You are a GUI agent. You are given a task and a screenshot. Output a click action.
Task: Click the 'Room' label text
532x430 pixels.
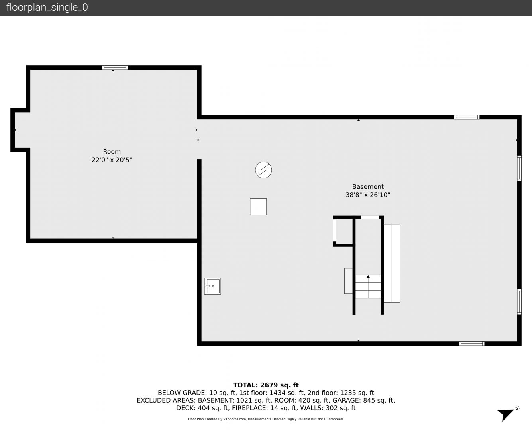[112, 151]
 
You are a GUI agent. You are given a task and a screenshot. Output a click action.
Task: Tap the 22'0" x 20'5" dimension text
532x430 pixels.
[112, 160]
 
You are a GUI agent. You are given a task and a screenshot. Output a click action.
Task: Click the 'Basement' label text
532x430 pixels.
[368, 186]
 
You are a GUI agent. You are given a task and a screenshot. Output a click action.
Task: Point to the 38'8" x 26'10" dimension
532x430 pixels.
[368, 195]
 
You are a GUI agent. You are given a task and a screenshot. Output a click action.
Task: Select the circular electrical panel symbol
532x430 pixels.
[263, 170]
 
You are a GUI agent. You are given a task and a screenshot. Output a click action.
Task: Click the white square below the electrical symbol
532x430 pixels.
[258, 206]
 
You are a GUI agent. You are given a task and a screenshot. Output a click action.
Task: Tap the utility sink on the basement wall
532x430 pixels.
[212, 286]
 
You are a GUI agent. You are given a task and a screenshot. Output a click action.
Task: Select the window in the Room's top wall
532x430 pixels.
[115, 67]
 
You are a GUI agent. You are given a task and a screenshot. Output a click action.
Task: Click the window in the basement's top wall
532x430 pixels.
[467, 117]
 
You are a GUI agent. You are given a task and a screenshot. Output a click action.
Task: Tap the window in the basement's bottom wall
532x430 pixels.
[471, 343]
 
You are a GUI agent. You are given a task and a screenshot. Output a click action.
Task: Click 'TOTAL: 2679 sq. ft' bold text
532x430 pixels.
[266, 385]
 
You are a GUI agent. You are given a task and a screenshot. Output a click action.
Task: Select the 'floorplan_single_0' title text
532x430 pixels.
[47, 8]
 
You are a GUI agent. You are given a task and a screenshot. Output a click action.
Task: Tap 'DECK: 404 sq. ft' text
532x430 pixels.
[202, 408]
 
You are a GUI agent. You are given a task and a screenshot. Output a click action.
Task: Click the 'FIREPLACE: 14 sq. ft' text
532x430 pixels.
[264, 408]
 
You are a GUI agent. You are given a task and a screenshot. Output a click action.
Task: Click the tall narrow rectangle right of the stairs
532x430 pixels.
[392, 264]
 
